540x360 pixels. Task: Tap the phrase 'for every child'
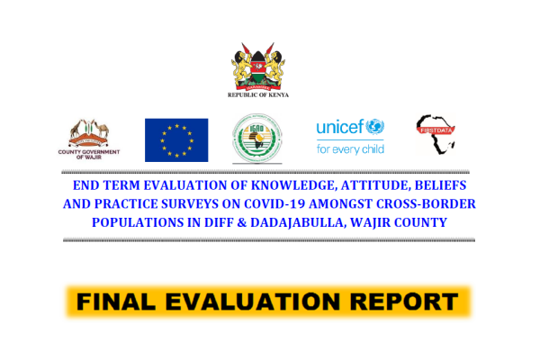pos(349,148)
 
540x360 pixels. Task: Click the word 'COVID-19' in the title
pos(283,203)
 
